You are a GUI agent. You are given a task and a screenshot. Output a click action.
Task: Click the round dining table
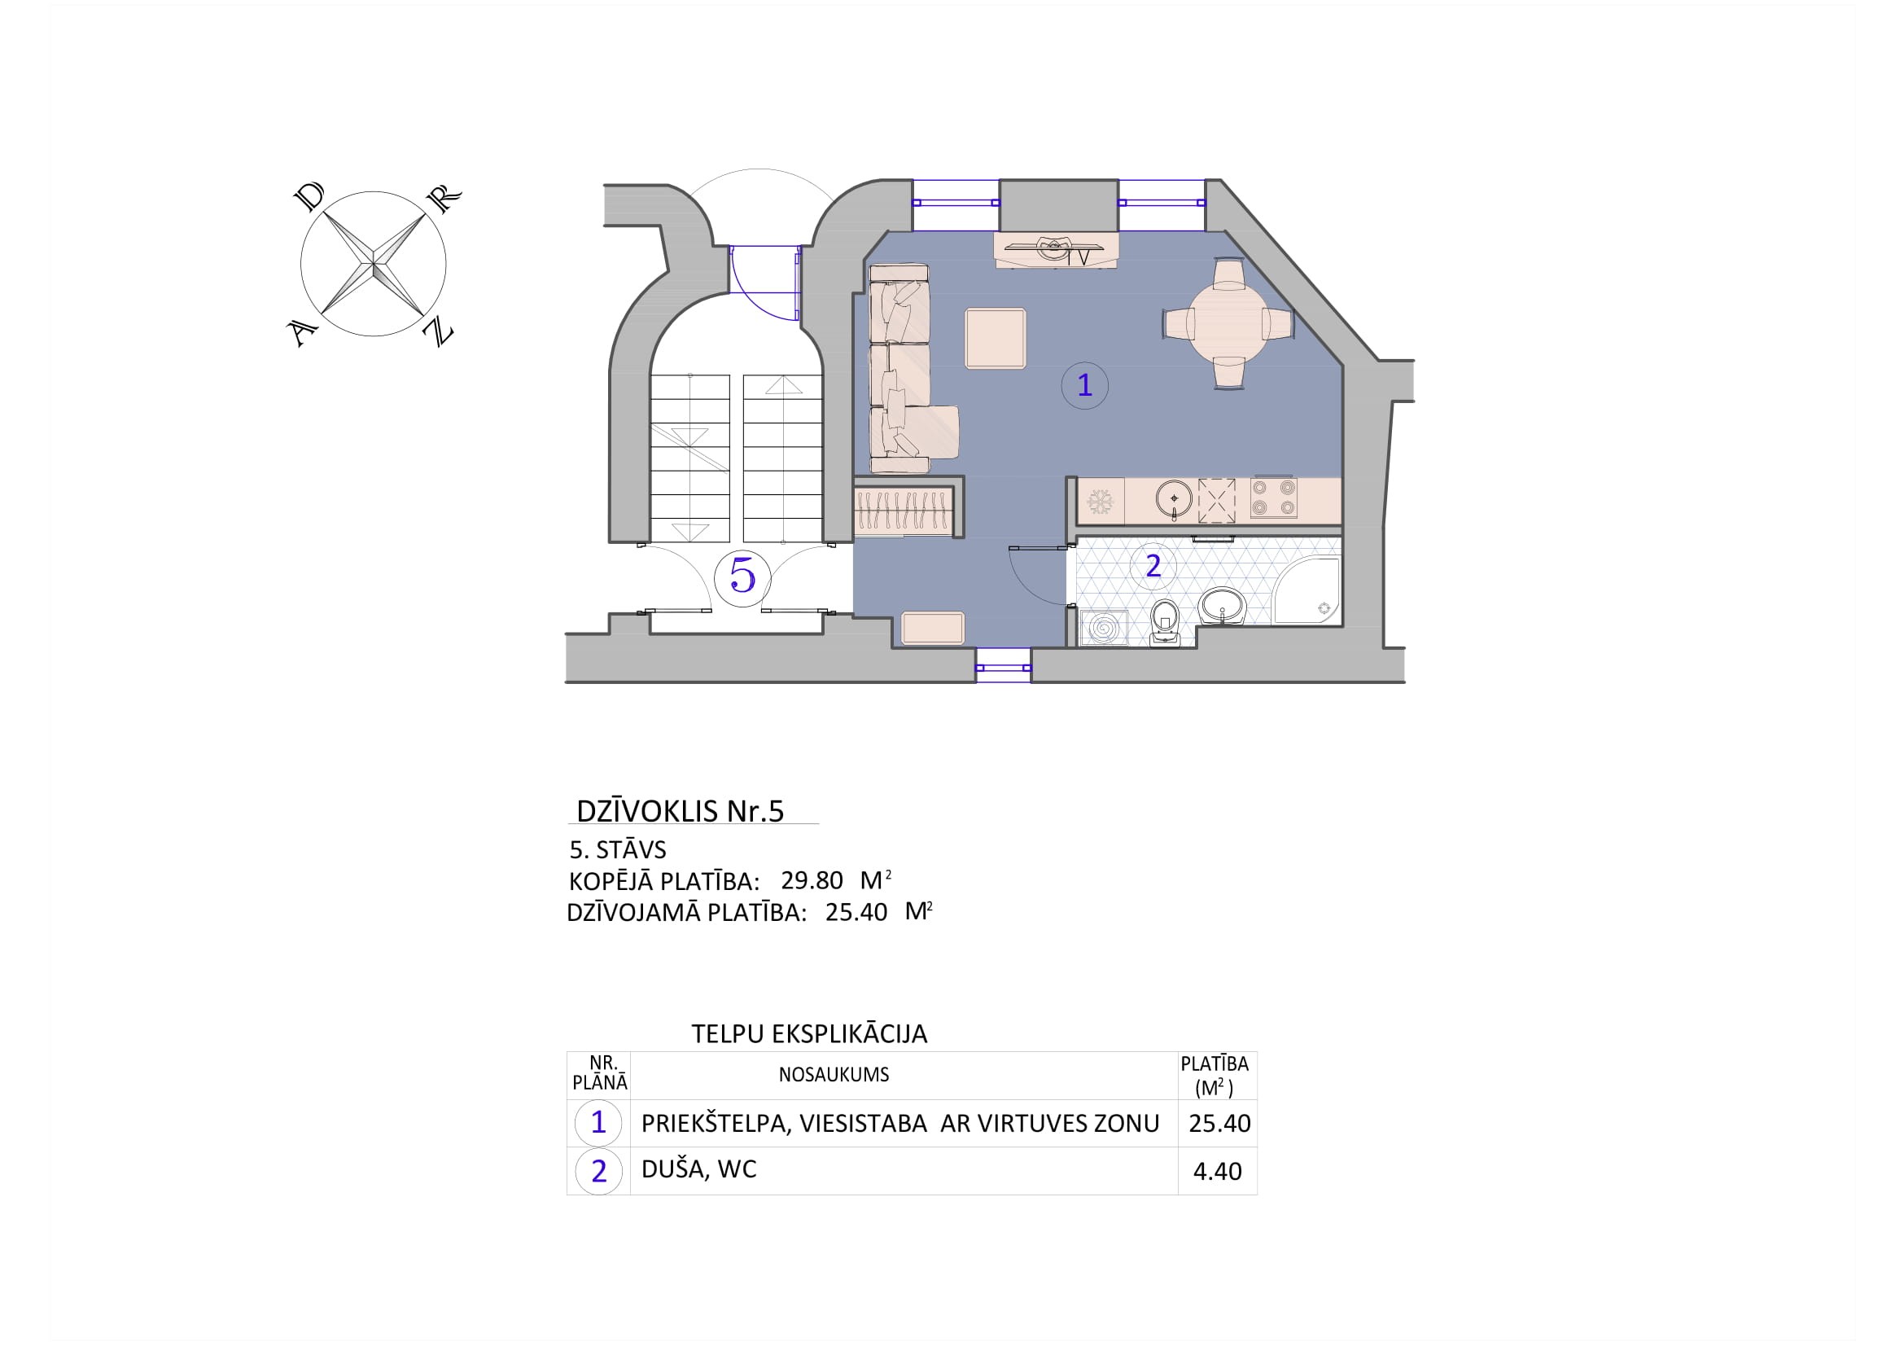(x=1228, y=323)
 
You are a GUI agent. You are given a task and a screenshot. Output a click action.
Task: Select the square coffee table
(x=995, y=339)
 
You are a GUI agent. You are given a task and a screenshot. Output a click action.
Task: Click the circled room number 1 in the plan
(x=1083, y=386)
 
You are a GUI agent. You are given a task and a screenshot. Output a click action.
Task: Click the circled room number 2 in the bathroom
(x=1153, y=567)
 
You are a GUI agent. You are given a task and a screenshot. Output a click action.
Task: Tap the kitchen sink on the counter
(x=1175, y=499)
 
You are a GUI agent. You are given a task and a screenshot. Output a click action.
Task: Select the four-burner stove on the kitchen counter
(x=1273, y=498)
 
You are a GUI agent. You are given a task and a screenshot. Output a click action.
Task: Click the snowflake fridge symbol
(x=1101, y=501)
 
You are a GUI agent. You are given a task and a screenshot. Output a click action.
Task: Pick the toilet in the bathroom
(x=1165, y=623)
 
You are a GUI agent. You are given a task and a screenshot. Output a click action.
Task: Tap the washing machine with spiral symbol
(x=1103, y=628)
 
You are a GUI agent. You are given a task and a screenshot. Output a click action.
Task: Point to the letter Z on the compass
(x=438, y=331)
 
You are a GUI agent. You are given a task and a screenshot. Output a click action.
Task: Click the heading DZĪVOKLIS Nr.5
(x=680, y=811)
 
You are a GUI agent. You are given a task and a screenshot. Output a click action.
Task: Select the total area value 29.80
(x=812, y=880)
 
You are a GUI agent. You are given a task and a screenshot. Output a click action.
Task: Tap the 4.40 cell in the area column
(x=1217, y=1171)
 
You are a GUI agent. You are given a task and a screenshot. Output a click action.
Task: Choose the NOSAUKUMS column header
(x=834, y=1075)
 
